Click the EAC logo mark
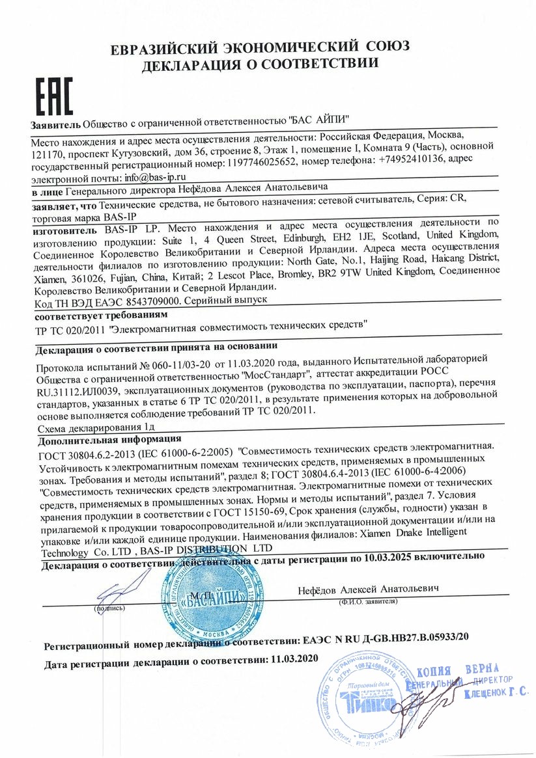click(x=53, y=97)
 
